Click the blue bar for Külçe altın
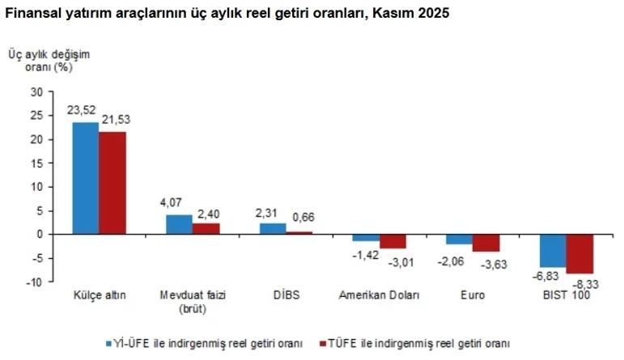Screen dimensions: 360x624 (86, 178)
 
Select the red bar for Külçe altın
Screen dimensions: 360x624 (112, 182)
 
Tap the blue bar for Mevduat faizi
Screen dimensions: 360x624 (179, 224)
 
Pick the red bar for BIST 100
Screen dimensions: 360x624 (580, 253)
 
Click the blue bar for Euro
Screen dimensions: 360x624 (459, 239)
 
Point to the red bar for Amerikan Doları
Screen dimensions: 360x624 (393, 241)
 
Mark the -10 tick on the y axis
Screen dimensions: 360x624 (36, 282)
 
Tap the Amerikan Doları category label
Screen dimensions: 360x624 (380, 295)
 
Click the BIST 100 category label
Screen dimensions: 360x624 (567, 295)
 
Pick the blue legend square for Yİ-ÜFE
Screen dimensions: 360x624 (108, 343)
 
